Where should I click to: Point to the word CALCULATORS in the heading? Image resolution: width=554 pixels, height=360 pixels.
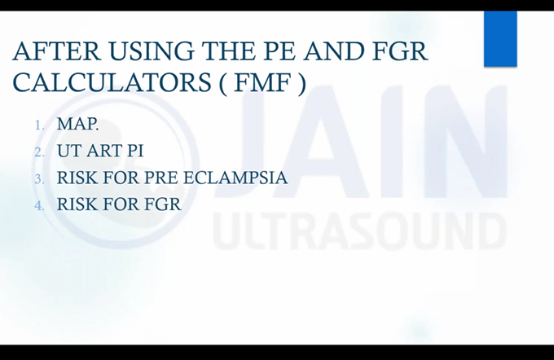[x=112, y=82]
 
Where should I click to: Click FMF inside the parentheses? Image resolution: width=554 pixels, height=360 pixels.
[x=262, y=82]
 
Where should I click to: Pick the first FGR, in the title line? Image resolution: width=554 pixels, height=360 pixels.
[x=399, y=51]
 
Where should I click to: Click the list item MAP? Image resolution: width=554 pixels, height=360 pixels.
[x=77, y=124]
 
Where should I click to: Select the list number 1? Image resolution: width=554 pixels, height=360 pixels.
[x=40, y=125]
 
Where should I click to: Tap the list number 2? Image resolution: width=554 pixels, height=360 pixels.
[x=40, y=152]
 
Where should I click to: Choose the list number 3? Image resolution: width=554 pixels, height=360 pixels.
[x=40, y=179]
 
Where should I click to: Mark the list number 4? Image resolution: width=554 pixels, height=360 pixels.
[x=40, y=206]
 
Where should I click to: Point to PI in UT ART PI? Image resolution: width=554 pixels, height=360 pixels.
[x=135, y=151]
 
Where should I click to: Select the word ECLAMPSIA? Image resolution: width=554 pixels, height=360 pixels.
[x=235, y=178]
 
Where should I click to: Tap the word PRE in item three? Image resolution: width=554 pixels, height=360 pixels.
[x=161, y=178]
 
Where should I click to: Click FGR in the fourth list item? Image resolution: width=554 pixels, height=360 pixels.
[x=163, y=204]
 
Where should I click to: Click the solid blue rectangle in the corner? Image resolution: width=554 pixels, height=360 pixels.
[x=500, y=39]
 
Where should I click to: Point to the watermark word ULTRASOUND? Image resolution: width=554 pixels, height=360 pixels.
[x=359, y=231]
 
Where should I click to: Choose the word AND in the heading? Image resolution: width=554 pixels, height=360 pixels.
[x=334, y=51]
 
